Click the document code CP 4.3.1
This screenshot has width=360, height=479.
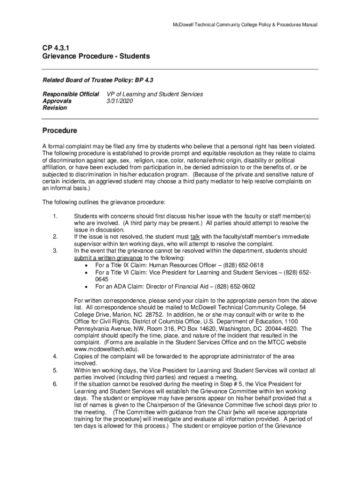(55, 47)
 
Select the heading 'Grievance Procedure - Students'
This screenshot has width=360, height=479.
(96, 56)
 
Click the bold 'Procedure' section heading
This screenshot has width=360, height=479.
(59, 130)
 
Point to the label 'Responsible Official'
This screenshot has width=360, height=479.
(71, 94)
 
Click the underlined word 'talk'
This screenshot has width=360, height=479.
(195, 237)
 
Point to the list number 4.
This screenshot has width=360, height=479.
(55, 356)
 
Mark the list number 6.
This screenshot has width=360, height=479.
(55, 384)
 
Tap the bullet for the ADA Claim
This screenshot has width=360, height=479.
(87, 287)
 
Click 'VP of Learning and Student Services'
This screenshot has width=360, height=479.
(155, 94)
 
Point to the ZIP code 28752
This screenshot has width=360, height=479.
(153, 314)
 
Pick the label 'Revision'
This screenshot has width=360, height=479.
(55, 108)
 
